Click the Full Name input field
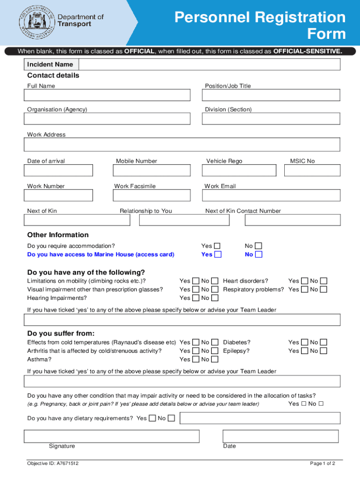[107, 95]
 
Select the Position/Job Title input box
[271, 95]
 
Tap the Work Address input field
[182, 145]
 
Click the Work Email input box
[271, 195]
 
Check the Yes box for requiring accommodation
[217, 246]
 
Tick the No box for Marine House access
[259, 254]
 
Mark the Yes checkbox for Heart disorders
[304, 281]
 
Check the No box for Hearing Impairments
[215, 298]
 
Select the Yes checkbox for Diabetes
[304, 342]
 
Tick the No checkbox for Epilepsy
[324, 351]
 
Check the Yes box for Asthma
[195, 359]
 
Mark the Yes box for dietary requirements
[152, 418]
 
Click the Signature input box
[112, 436]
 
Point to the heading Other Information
[58, 235]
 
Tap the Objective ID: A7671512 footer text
[53, 464]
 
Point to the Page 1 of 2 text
[323, 464]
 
